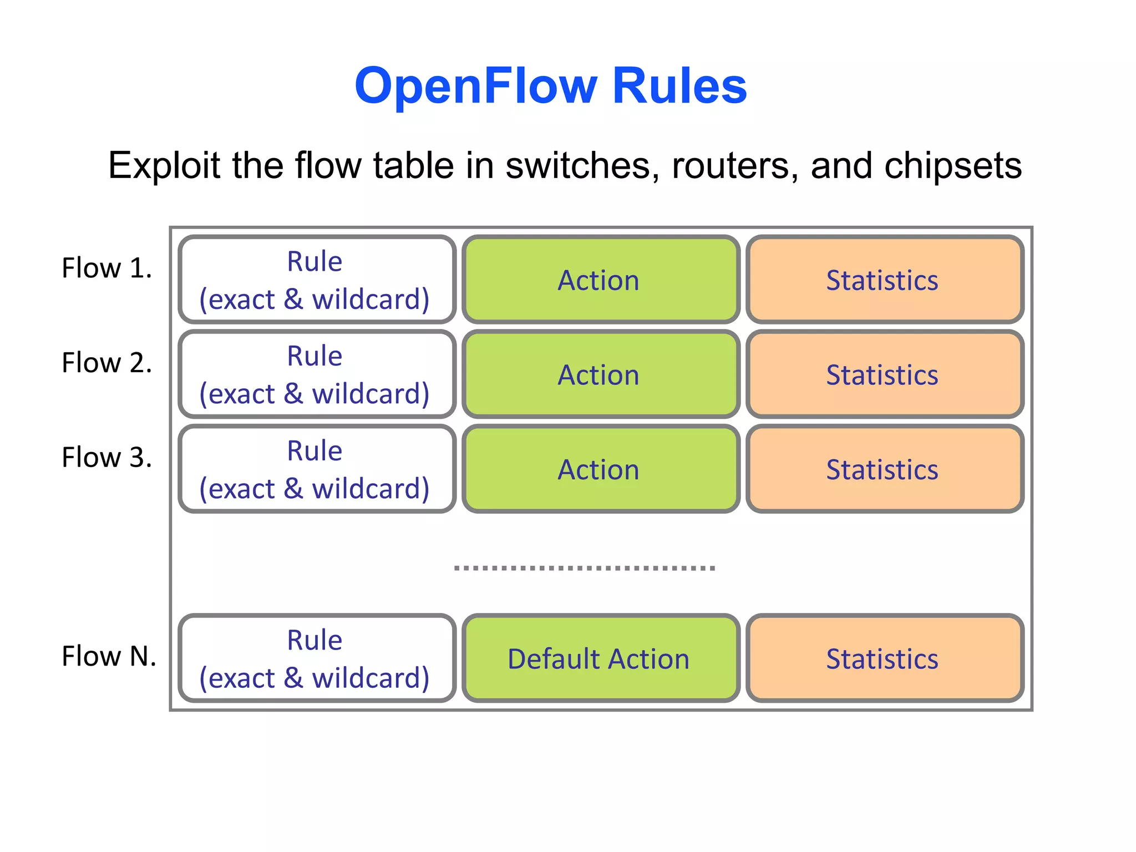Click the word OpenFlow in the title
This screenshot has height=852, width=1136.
click(476, 86)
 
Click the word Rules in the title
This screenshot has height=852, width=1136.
click(679, 86)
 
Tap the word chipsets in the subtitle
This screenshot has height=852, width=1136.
click(952, 165)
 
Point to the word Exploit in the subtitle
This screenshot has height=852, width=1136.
click(164, 165)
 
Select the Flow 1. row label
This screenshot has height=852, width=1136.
click(106, 268)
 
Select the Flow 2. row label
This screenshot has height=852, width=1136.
click(106, 363)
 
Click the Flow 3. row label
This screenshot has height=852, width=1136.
click(106, 458)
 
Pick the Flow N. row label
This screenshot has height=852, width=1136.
click(109, 656)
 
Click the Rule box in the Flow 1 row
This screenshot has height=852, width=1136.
click(317, 280)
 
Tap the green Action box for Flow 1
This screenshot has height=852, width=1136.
click(601, 280)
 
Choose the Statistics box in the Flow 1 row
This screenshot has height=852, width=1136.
click(885, 280)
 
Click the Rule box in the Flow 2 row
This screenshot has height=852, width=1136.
click(317, 374)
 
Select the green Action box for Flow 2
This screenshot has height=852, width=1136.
click(601, 374)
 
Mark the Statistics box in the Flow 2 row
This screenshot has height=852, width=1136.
click(885, 374)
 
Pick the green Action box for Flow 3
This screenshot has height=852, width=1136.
click(601, 469)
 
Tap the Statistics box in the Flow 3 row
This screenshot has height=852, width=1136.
click(885, 469)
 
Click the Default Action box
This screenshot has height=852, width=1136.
click(601, 658)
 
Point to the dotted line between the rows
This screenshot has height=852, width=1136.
click(584, 568)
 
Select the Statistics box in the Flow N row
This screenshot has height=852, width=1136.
click(885, 658)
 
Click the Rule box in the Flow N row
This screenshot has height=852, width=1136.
click(317, 658)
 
